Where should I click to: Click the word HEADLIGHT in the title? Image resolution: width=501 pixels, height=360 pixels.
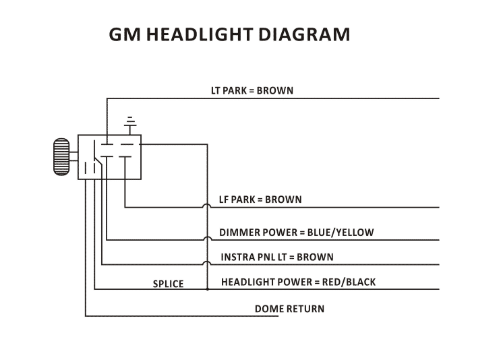point(204,34)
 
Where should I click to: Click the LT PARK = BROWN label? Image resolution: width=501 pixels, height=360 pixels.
point(253,90)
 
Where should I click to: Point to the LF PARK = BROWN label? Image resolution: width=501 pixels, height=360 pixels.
point(260,200)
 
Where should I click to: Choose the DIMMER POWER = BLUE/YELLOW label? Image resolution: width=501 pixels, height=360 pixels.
point(296,233)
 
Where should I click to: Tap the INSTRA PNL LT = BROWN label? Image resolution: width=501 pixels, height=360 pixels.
point(276,257)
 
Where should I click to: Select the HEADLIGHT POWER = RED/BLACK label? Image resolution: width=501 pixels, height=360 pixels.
point(298,282)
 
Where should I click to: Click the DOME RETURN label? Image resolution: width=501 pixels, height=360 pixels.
point(289,309)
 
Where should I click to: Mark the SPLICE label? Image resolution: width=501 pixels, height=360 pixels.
point(168,284)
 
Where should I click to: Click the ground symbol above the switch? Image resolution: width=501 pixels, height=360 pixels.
point(130,122)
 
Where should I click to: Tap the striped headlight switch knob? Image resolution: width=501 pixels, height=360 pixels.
point(61,157)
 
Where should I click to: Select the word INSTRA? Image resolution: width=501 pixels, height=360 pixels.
point(237,257)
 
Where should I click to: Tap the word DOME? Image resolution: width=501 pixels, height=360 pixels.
point(267,309)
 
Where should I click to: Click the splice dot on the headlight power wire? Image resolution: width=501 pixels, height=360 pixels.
point(207,289)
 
